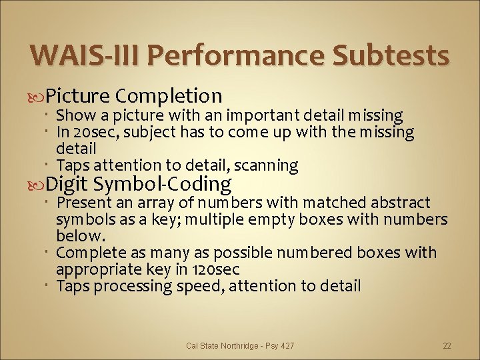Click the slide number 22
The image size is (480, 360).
[x=447, y=346]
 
